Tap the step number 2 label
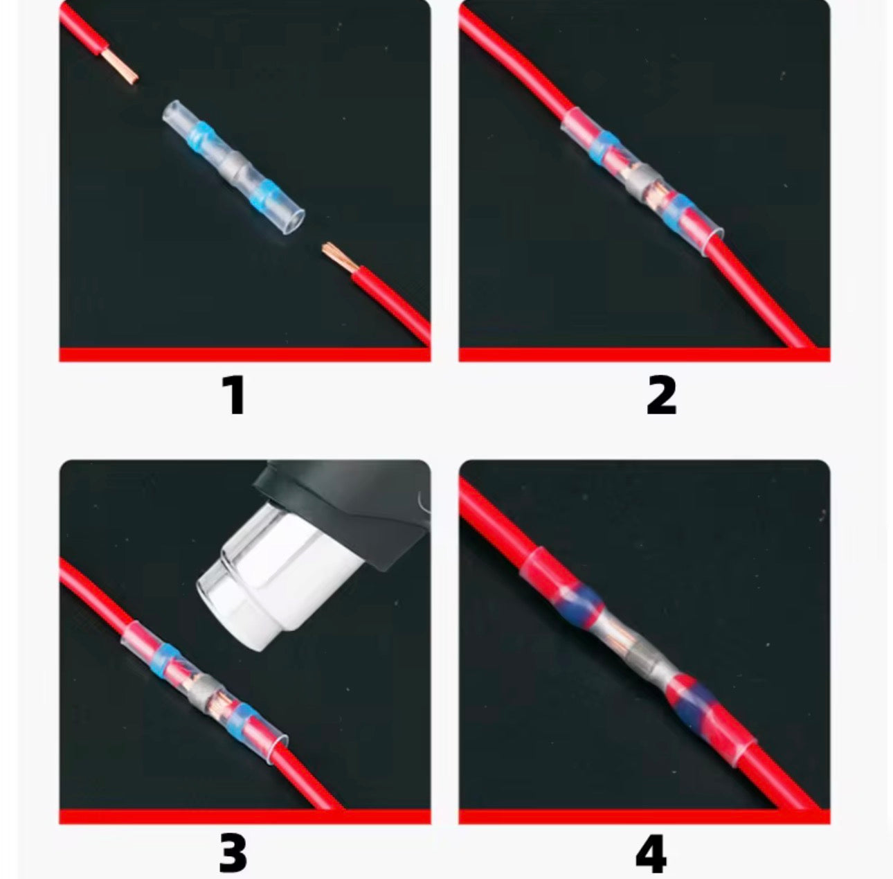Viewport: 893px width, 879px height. [x=661, y=396]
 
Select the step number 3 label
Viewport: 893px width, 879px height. [x=233, y=853]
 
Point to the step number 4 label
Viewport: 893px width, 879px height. [x=651, y=853]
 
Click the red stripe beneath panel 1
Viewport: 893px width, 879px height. [x=244, y=355]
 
